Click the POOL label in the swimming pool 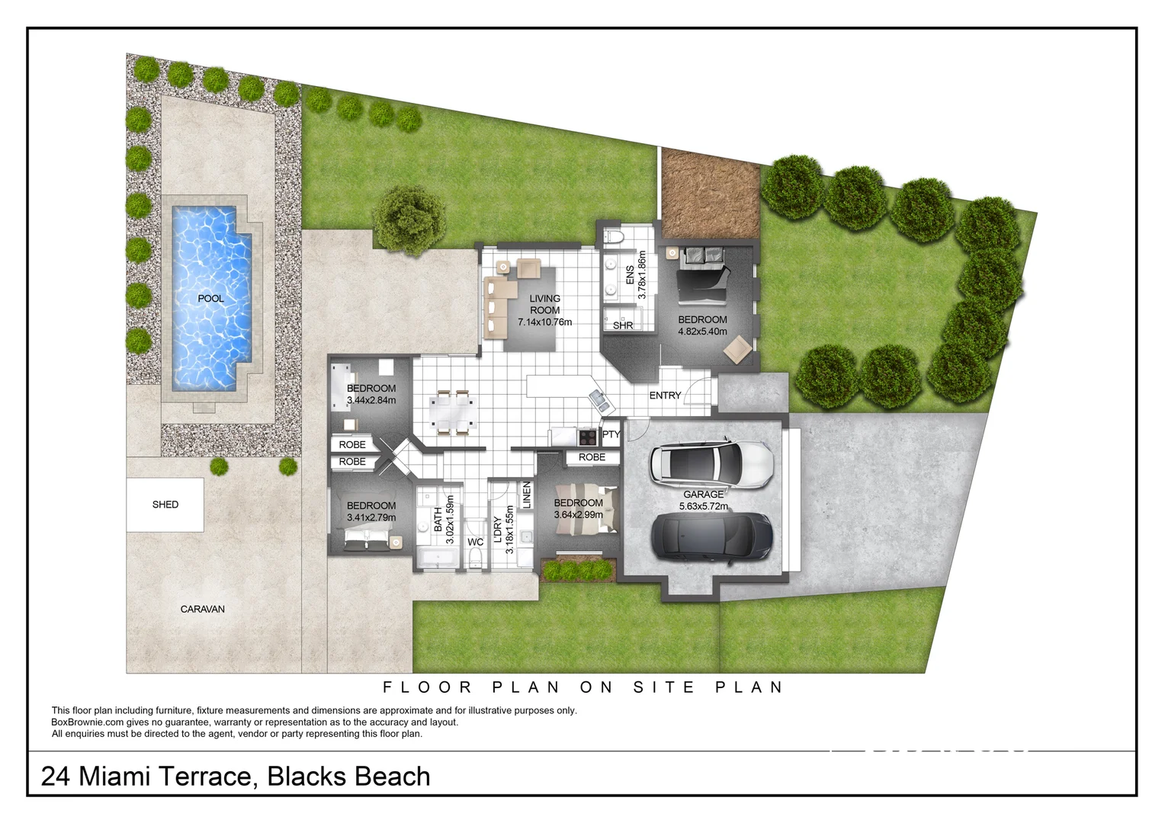pos(210,299)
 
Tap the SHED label pos(165,504)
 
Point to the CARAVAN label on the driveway pos(202,609)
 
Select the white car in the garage pos(711,462)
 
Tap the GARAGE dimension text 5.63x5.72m pos(703,506)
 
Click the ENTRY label pos(665,395)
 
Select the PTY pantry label pos(611,434)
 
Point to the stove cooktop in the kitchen pos(588,437)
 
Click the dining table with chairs pos(453,412)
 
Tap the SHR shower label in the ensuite pos(623,325)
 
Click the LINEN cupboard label pos(526,495)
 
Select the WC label pos(475,543)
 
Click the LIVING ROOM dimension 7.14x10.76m pos(544,322)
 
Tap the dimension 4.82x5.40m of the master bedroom pos(702,331)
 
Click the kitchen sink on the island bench pos(598,399)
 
